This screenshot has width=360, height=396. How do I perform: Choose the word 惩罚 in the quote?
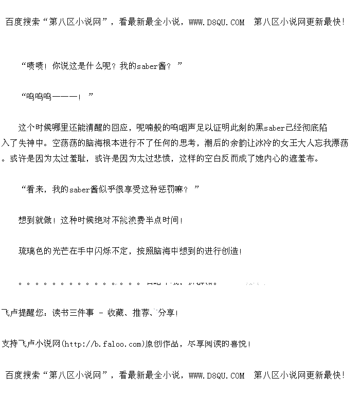161,189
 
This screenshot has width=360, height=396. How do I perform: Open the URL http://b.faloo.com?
103,344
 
